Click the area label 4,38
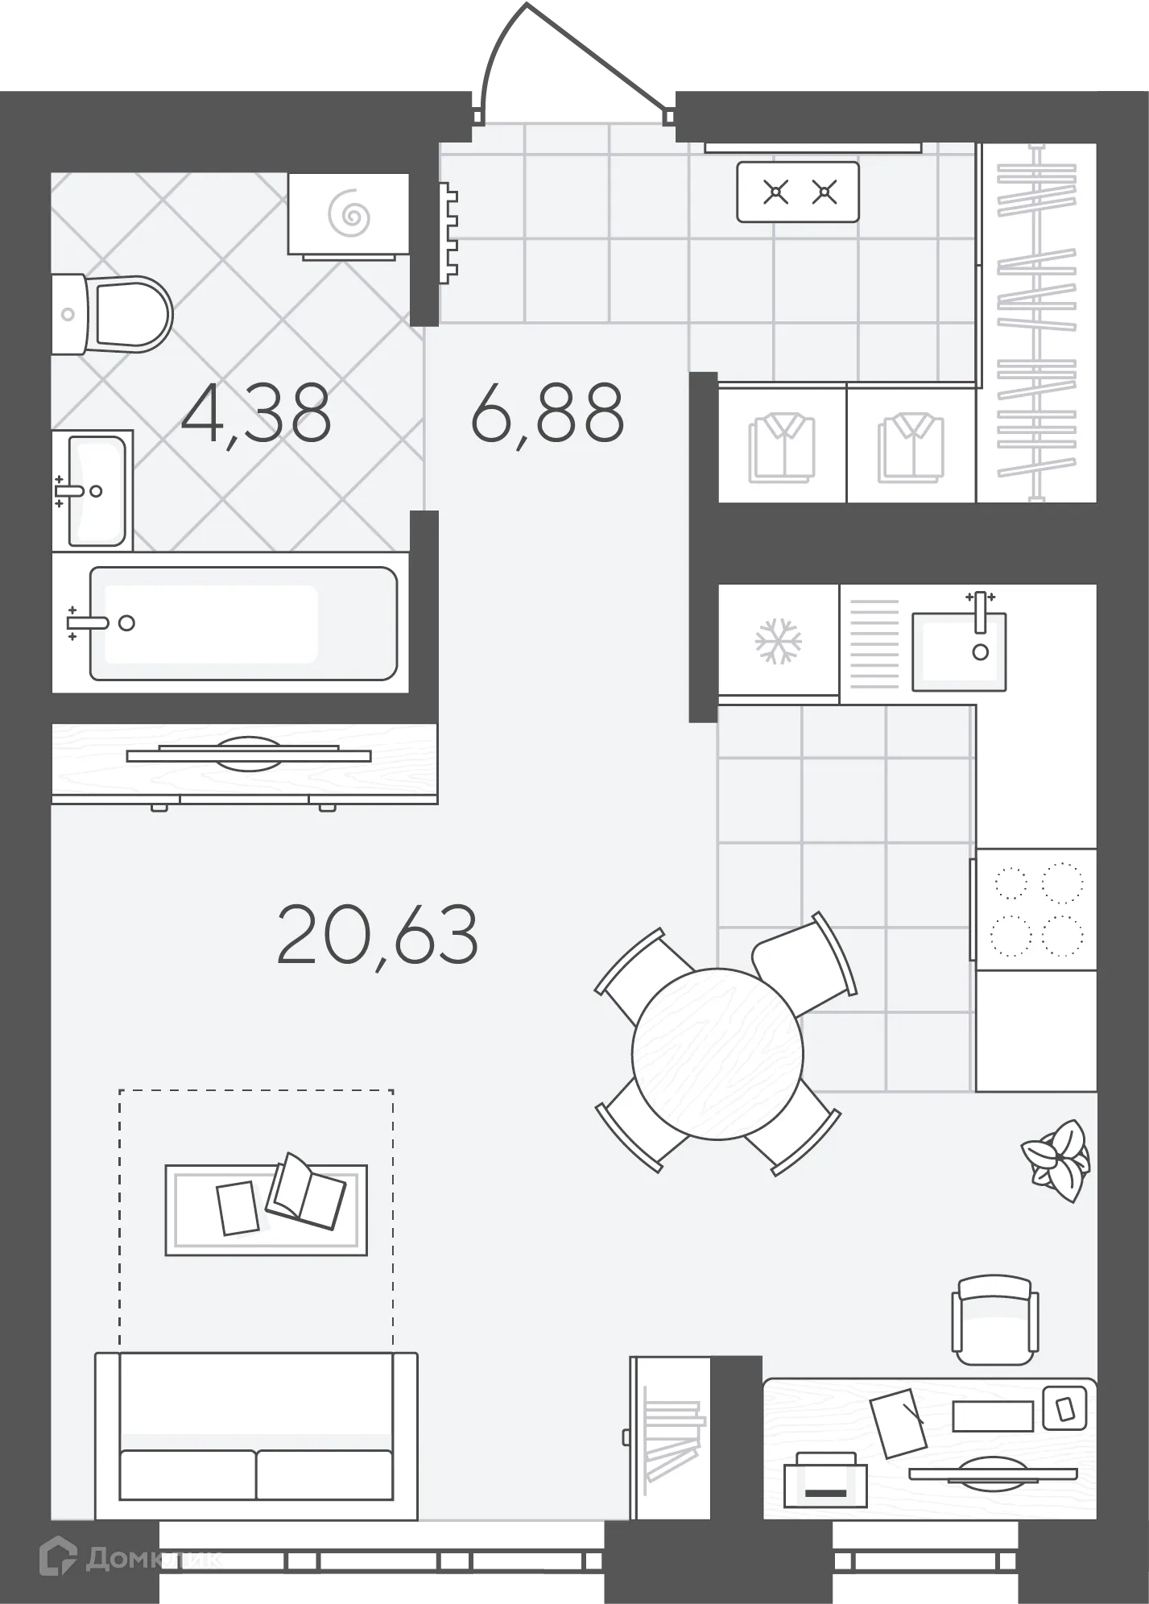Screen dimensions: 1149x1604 pos(256,414)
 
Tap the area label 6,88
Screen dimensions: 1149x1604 pos(548,414)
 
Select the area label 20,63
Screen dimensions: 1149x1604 pos(378,934)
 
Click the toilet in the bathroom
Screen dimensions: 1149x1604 pos(112,314)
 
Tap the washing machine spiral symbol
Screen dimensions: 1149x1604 pos(349,214)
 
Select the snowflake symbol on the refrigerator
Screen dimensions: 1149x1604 pos(778,641)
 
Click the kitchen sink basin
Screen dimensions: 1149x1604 pos(958,651)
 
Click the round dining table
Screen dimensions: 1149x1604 pos(717,1054)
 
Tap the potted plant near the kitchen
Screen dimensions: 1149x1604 pos(1056,1160)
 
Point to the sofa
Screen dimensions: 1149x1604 pos(256,1436)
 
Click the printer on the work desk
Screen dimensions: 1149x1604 pos(825,1481)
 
